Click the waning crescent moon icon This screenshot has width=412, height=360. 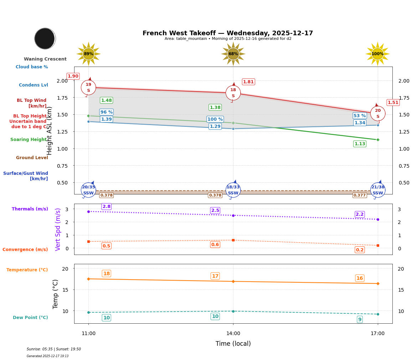pos(45,38)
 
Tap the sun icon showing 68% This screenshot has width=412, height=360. pos(233,54)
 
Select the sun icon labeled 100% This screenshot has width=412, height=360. pos(377,54)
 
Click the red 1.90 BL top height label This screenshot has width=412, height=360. pos(73,76)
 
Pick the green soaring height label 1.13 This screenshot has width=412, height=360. pos(360,144)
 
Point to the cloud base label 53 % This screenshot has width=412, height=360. pos(360,116)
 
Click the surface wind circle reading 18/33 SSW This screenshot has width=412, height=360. pos(233,190)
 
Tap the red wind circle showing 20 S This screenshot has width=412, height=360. pos(378,113)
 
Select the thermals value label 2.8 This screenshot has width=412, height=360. pos(107,207)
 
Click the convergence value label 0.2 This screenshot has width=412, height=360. pos(360,250)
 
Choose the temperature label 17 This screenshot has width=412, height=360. pos(215,276)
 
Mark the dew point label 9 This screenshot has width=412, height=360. pos(360,319)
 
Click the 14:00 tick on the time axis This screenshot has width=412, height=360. pos(233,333)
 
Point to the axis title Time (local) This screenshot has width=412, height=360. pos(233,344)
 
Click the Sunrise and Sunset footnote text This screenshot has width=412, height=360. pos(54,349)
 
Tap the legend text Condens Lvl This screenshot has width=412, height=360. pos(34,85)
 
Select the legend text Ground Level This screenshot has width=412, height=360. pos(32,158)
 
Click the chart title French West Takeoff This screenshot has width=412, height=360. pos(228,33)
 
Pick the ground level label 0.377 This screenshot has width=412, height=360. pos(360,195)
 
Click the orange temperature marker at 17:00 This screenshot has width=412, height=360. pos(378,283)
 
